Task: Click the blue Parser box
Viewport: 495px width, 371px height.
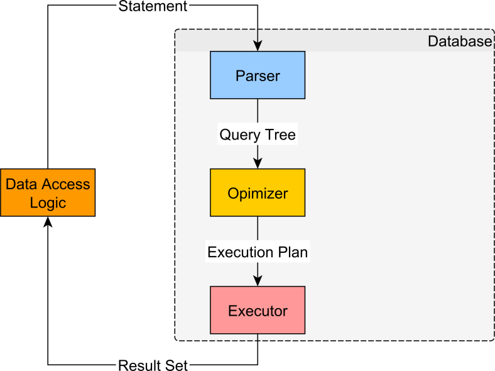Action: (x=258, y=75)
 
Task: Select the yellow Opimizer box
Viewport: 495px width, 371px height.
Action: (x=258, y=192)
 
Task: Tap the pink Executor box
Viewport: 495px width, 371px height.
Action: (x=258, y=310)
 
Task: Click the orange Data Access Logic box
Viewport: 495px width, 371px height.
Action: (x=48, y=192)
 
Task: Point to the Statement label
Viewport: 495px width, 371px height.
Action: (x=153, y=7)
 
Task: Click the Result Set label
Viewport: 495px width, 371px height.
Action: (x=153, y=365)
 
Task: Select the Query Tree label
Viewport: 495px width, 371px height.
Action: (x=258, y=134)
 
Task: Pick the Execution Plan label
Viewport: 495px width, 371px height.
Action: (x=258, y=252)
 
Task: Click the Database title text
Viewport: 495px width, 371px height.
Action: (x=460, y=42)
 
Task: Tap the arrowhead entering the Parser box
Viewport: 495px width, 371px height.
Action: (x=258, y=47)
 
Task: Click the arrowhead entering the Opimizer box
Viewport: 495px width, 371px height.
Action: (x=258, y=163)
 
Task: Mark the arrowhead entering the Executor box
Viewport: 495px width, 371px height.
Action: (x=258, y=281)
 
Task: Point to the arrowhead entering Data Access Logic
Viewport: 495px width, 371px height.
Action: (x=48, y=222)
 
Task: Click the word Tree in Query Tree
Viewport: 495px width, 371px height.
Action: (x=280, y=134)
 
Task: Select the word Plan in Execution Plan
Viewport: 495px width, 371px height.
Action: (x=293, y=252)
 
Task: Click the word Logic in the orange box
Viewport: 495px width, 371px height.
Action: (x=48, y=203)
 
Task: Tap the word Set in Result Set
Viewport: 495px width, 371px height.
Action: (x=178, y=365)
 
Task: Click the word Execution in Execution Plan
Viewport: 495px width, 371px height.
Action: (x=241, y=252)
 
